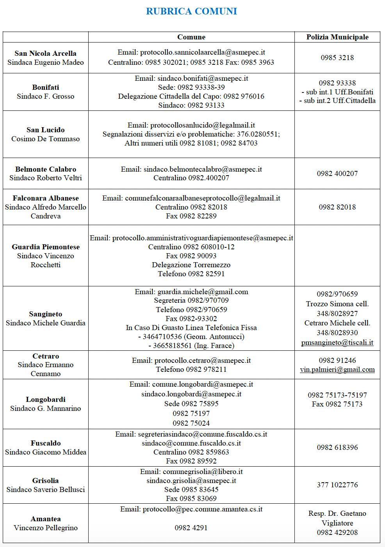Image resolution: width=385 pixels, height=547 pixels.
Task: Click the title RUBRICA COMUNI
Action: [x=191, y=11]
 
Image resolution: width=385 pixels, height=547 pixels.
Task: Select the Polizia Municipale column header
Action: [x=337, y=37]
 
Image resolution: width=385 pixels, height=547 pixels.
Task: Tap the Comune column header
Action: [x=191, y=37]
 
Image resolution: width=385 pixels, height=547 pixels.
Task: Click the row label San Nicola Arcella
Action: [x=45, y=53]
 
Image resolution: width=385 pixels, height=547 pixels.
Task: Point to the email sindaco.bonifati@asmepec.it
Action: [x=203, y=78]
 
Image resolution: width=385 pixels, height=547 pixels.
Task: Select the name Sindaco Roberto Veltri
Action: [x=46, y=178]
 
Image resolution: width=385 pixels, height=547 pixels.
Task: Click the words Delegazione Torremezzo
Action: [x=191, y=265]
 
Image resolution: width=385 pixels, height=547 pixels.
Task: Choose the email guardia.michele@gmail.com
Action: [x=203, y=292]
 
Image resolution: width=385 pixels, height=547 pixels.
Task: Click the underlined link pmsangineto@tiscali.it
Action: [x=337, y=343]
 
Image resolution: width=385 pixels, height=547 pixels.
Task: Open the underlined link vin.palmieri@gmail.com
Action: [x=337, y=369]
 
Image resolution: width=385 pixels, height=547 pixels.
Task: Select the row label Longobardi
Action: [x=46, y=400]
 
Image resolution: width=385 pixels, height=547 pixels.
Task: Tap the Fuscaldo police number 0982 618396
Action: [x=337, y=448]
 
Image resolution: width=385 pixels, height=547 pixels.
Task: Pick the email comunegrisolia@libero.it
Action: [x=203, y=472]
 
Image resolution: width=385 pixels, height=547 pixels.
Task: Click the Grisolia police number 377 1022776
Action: [x=337, y=485]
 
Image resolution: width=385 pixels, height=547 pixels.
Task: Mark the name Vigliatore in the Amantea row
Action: [x=337, y=523]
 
